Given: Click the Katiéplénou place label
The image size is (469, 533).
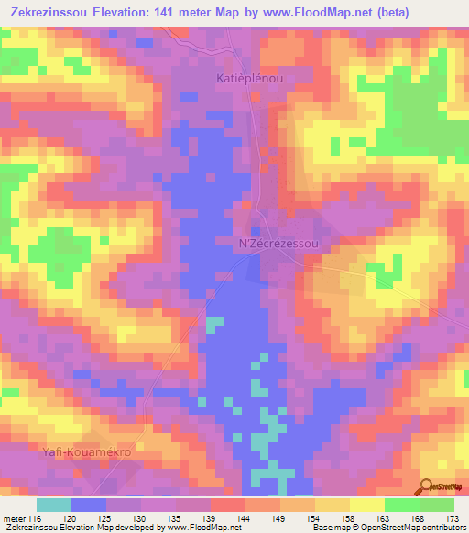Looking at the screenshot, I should click(250, 80).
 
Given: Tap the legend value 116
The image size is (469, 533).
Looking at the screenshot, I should click(36, 519).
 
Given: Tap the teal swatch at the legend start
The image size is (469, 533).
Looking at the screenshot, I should click(53, 505).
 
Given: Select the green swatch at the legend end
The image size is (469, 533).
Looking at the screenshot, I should click(436, 505).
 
